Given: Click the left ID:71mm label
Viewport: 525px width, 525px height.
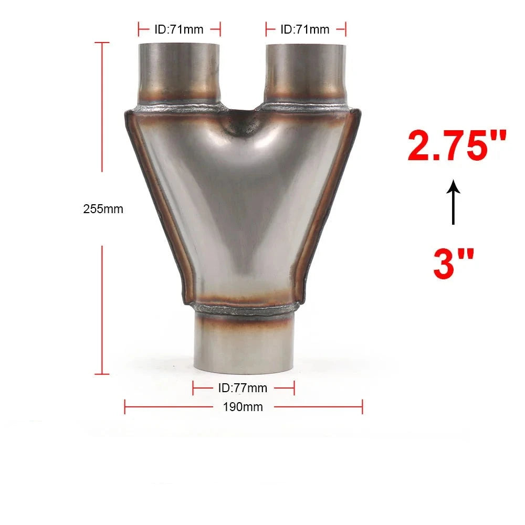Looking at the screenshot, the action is click(179, 29).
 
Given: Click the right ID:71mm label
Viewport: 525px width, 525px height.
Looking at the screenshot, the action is click(305, 29).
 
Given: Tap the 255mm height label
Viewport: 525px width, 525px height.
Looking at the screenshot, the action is click(103, 209).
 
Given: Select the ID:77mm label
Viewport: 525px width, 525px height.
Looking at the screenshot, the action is click(243, 388).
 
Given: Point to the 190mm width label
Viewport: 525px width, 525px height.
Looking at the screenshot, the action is click(243, 407).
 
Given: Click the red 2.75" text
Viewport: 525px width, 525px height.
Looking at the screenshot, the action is click(457, 145).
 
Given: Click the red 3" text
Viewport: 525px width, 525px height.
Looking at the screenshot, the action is click(454, 264).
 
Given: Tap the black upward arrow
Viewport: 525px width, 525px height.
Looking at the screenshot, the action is click(454, 202).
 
